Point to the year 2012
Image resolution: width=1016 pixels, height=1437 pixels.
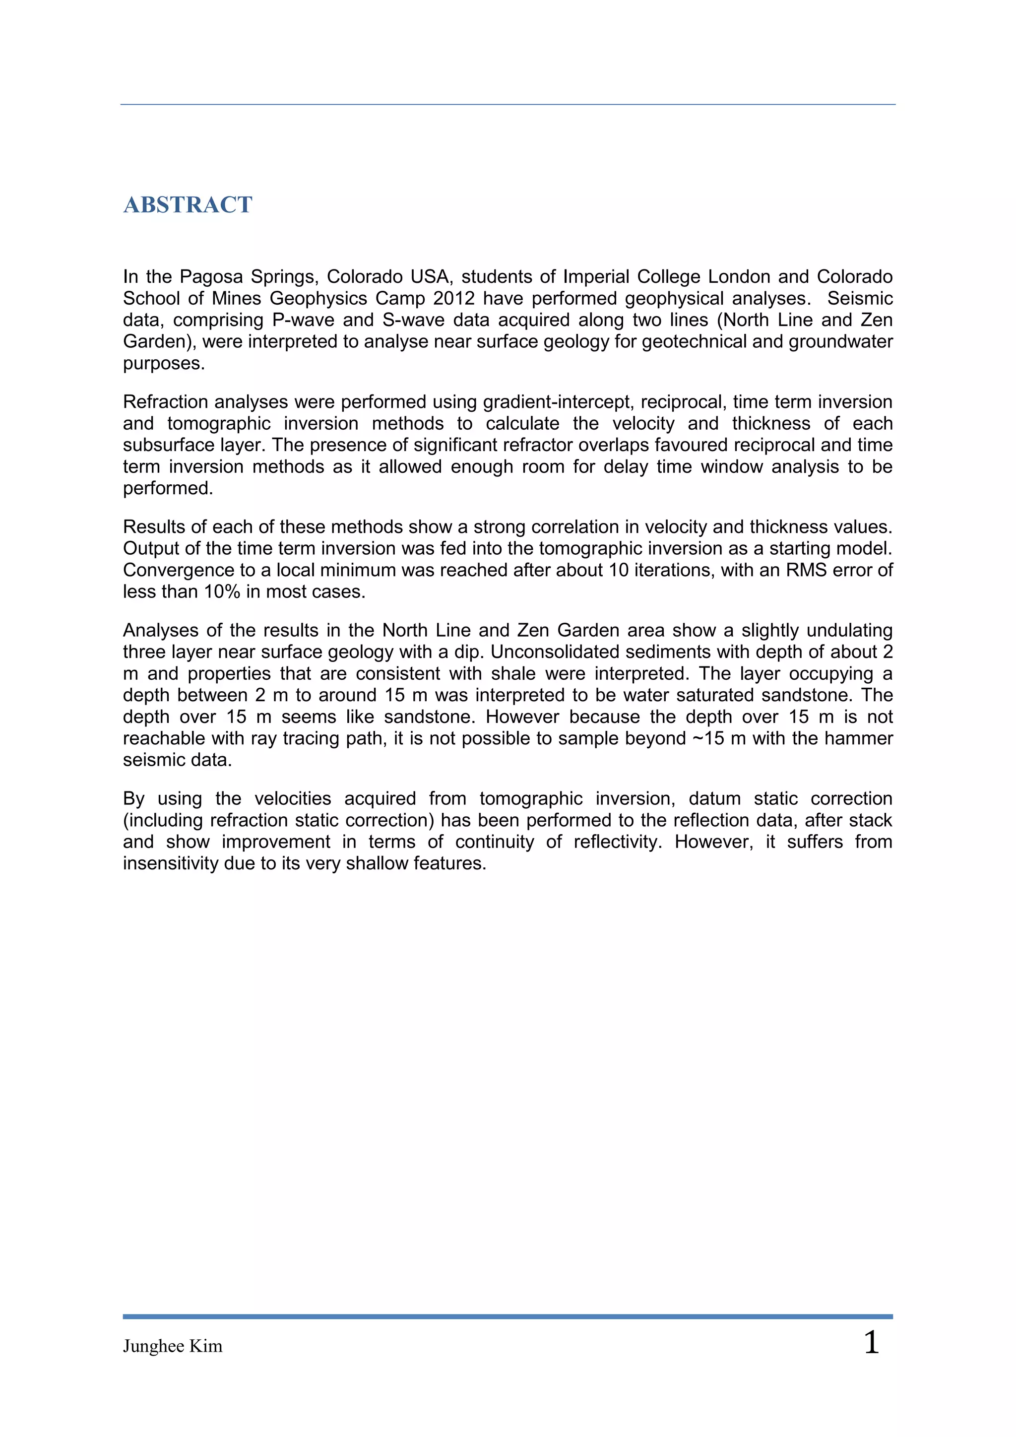[454, 299]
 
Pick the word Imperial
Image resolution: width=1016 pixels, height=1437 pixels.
[596, 277]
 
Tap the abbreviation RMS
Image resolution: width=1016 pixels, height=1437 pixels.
[807, 570]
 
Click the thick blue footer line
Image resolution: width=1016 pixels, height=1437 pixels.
[508, 1317]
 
